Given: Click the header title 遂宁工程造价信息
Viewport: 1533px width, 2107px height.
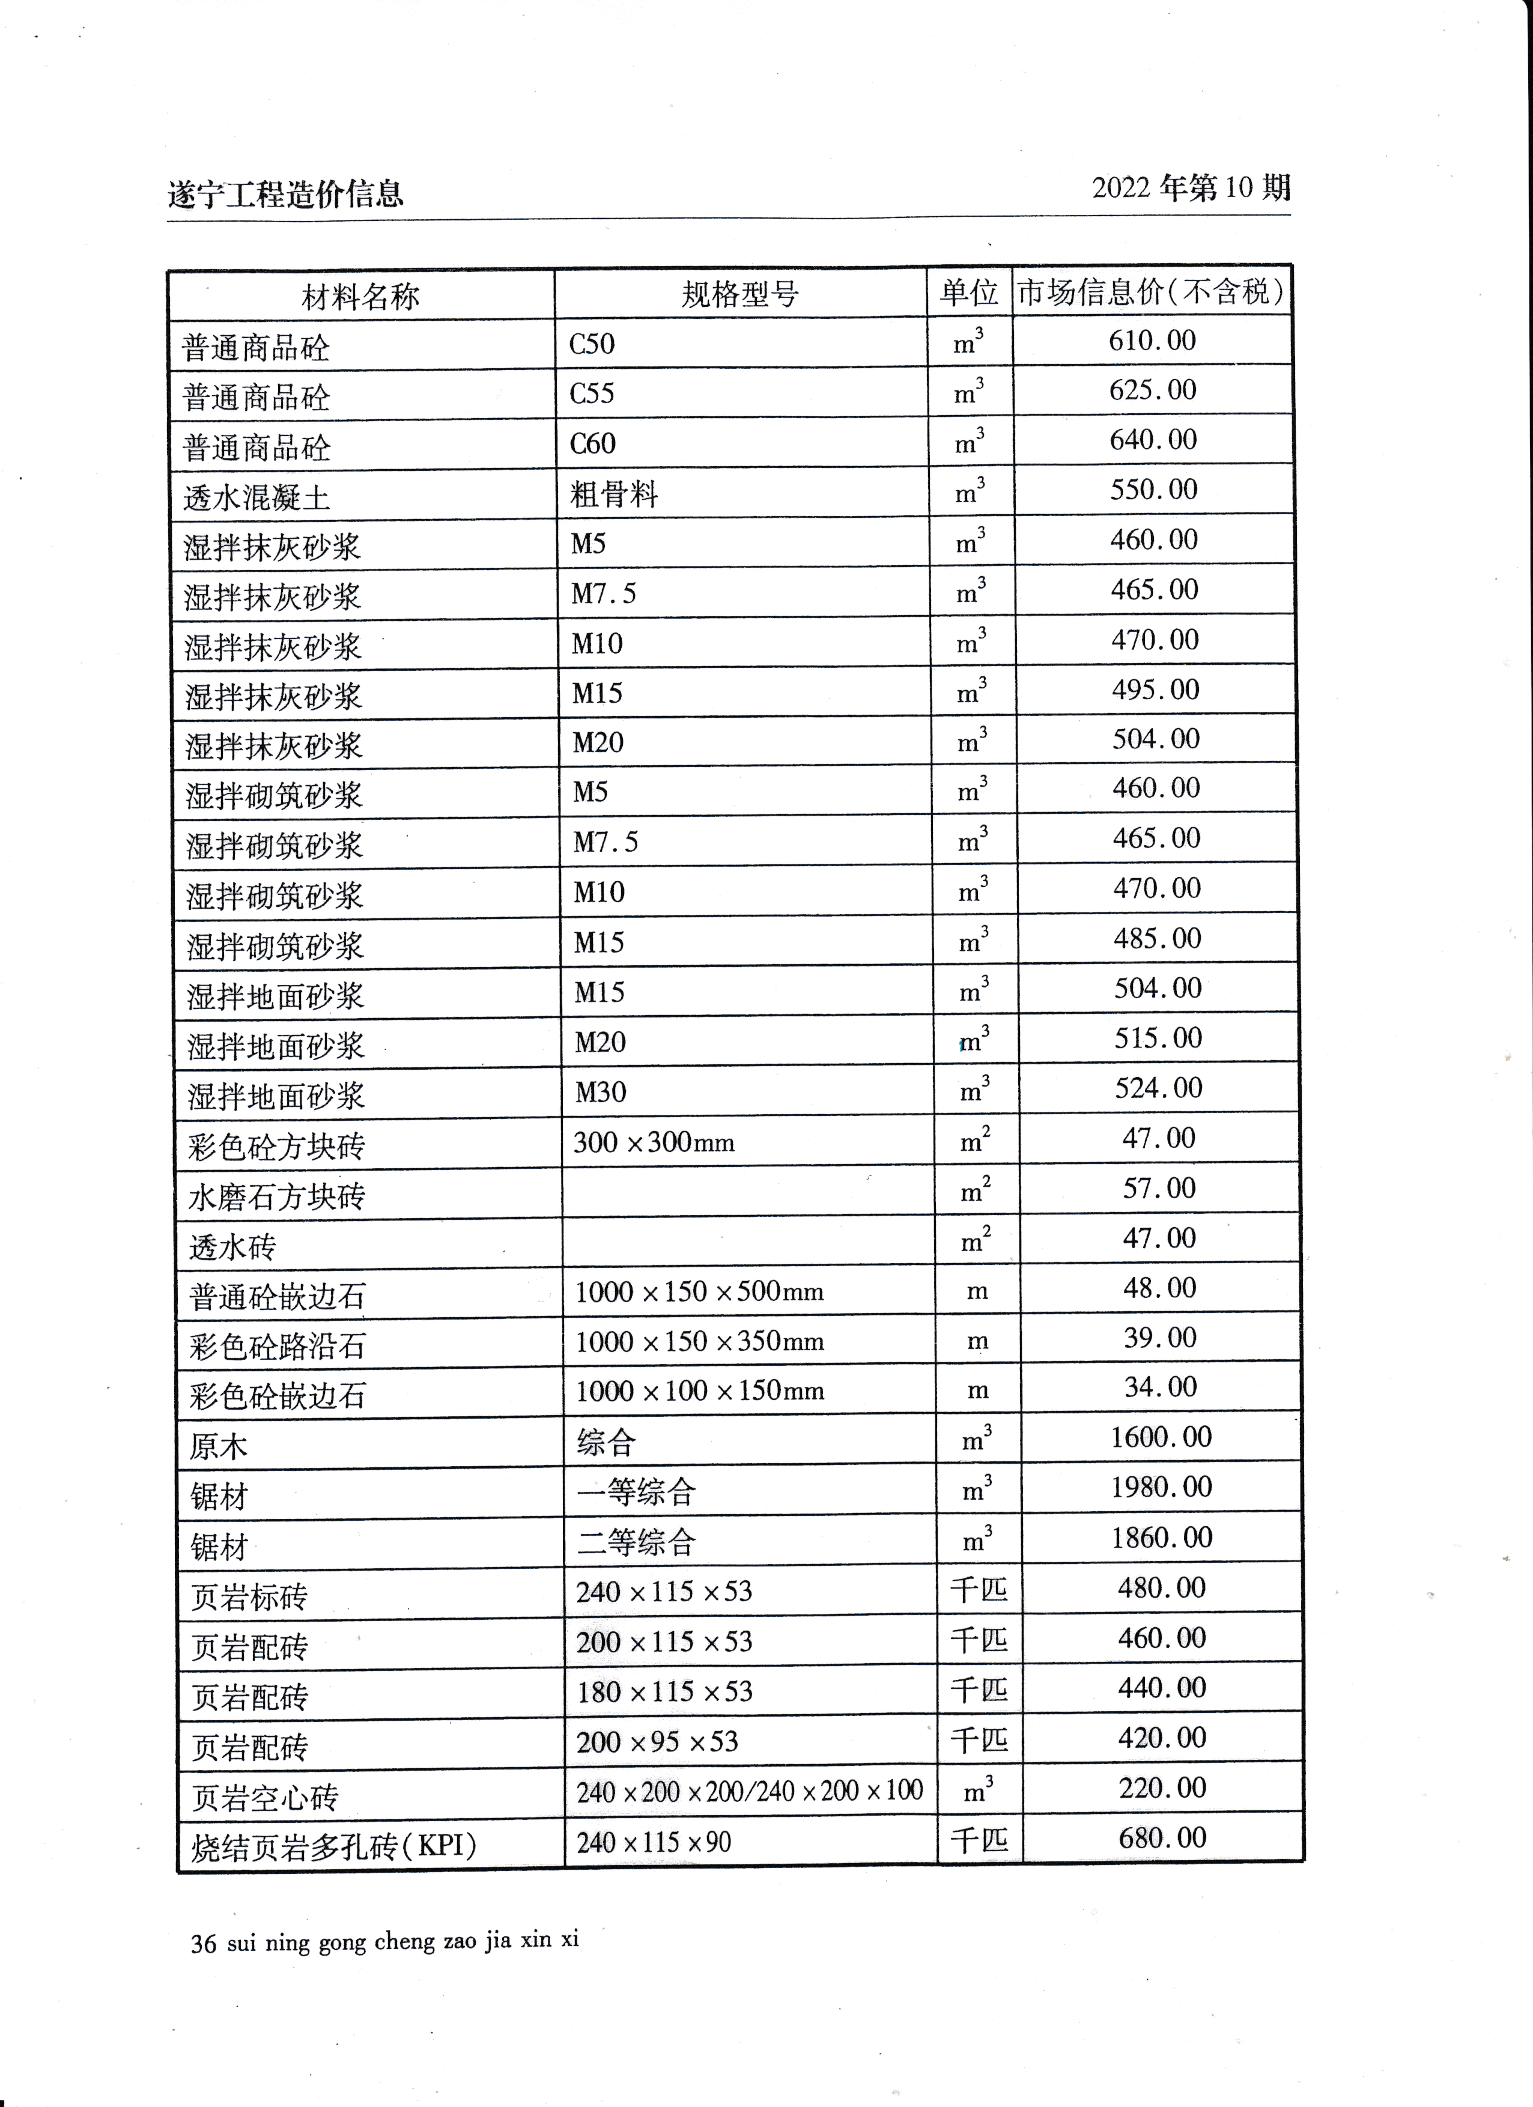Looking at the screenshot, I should (285, 194).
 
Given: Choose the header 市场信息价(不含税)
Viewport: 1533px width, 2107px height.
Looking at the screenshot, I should (1150, 293).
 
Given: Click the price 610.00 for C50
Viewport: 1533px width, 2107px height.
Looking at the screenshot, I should (1152, 341).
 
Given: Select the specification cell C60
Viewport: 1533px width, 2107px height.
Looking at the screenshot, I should (593, 443).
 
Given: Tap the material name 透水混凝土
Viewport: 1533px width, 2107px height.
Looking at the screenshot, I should (257, 498).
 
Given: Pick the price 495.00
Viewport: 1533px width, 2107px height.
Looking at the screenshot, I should (1156, 690).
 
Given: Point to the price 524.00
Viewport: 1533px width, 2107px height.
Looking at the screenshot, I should (1159, 1088).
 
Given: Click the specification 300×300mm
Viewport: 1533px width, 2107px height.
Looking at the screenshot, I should (653, 1142).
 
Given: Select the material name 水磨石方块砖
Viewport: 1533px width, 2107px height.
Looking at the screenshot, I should (277, 1196).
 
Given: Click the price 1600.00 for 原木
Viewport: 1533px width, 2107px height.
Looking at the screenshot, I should (1161, 1437).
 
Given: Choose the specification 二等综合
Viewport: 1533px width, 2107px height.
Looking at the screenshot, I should (636, 1543).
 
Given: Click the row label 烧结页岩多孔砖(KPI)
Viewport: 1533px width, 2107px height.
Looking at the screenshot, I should (333, 1846).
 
